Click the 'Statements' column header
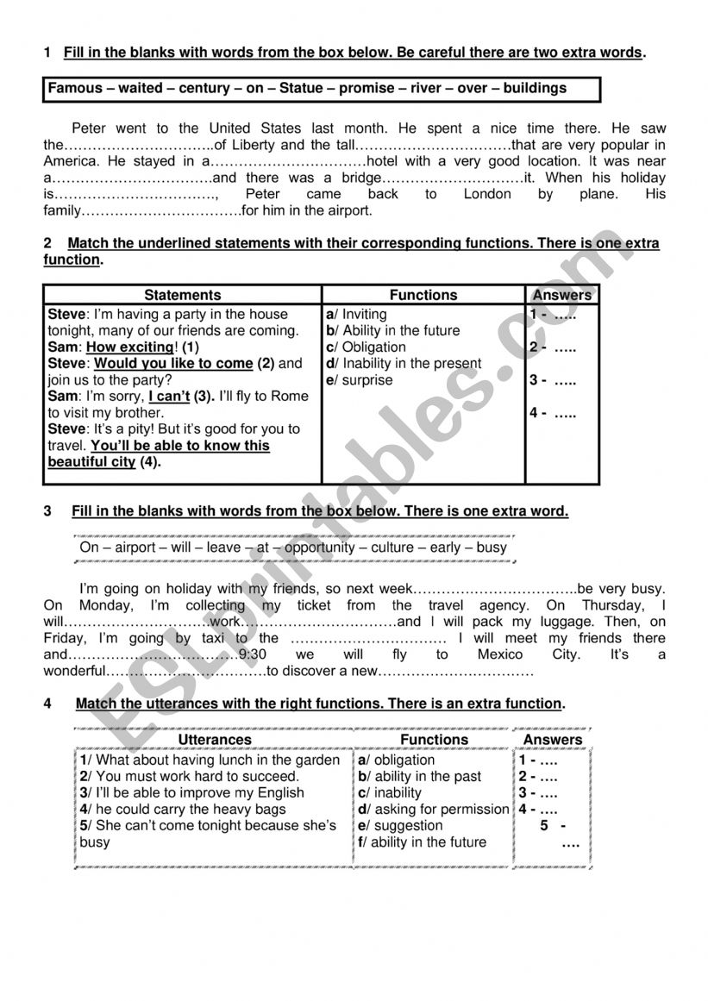(x=182, y=295)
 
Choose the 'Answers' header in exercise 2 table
(x=562, y=295)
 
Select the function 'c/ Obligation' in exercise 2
(x=366, y=347)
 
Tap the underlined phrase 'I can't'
(x=169, y=397)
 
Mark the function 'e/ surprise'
(x=359, y=380)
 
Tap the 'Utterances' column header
(x=214, y=740)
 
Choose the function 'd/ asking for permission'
(x=433, y=810)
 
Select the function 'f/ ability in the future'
(x=422, y=842)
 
